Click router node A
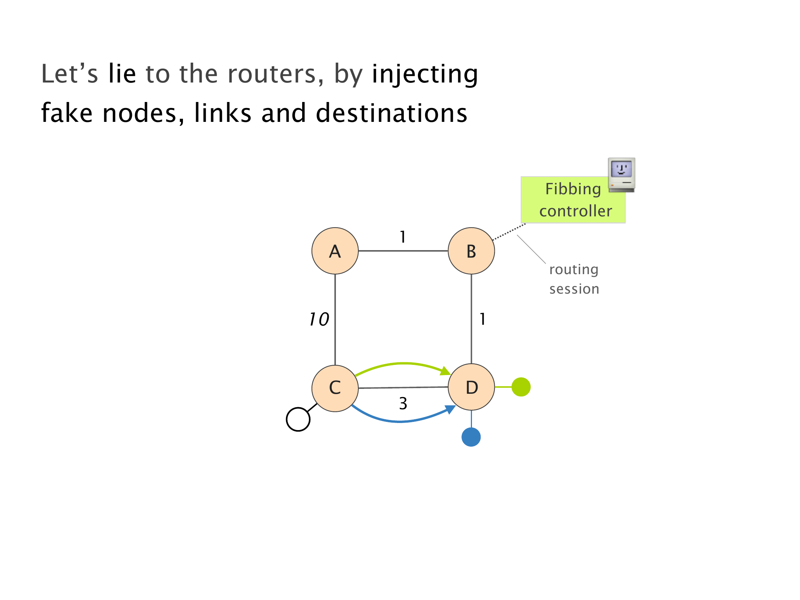coord(335,251)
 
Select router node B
coord(471,251)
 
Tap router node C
coord(335,388)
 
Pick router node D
coord(471,387)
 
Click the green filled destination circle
coord(521,387)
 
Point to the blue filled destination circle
coord(471,437)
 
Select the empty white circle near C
coord(298,419)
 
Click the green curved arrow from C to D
coord(403,363)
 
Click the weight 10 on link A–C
coord(319,319)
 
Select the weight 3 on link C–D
coord(403,404)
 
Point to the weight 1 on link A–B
coord(403,237)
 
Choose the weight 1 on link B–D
coord(482,319)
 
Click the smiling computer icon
coord(621,175)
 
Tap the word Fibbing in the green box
coord(573,189)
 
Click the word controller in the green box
coord(575,211)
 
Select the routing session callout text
coord(574,279)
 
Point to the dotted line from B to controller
coord(509,232)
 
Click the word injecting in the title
coord(425,74)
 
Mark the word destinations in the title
coord(391,113)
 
